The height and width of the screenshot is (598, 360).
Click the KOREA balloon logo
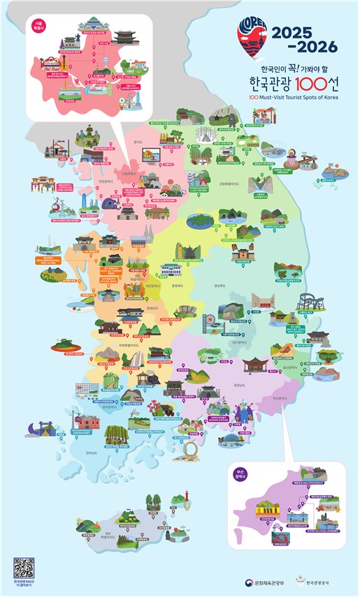pos(252,41)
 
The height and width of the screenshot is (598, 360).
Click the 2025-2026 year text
pos(305,39)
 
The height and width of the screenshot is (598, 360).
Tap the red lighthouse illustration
pos(187,497)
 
